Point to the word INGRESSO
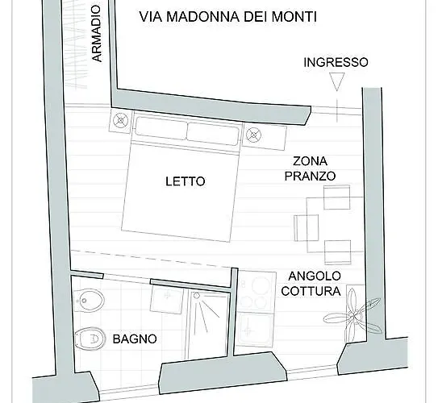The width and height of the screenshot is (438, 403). click(x=336, y=62)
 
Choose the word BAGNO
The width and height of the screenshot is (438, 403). click(x=134, y=339)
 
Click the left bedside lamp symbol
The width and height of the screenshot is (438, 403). click(x=121, y=122)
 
